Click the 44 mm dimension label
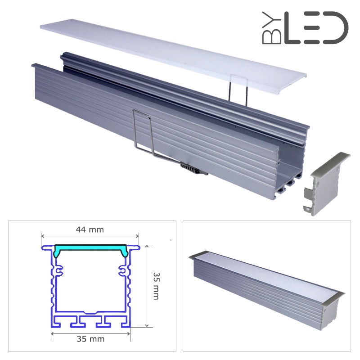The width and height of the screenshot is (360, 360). tap(90, 229)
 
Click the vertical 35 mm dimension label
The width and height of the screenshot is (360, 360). tap(156, 286)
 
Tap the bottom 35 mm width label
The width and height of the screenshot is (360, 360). tap(90, 339)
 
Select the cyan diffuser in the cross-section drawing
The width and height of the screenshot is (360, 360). tap(90, 250)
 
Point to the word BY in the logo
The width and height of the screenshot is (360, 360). tap(272, 28)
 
